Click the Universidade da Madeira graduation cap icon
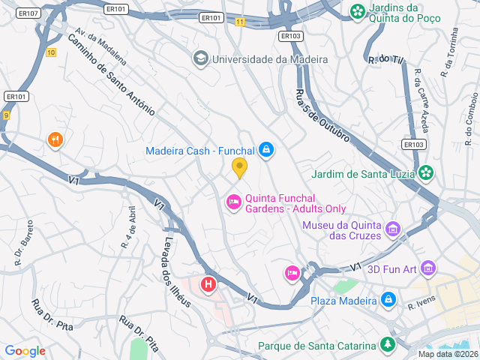click(x=200, y=58)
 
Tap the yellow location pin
click(x=239, y=167)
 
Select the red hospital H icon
click(x=208, y=285)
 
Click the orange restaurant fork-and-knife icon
click(x=55, y=139)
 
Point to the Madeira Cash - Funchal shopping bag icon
click(x=265, y=151)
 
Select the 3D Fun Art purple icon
click(x=428, y=267)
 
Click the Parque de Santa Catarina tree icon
click(x=387, y=346)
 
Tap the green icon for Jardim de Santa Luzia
click(x=426, y=173)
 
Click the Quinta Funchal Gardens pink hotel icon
click(x=233, y=202)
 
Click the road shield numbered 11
click(x=239, y=22)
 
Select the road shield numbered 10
click(x=50, y=52)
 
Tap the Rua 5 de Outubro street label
click(x=321, y=116)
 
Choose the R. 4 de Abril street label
click(x=130, y=226)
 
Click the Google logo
click(x=25, y=350)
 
